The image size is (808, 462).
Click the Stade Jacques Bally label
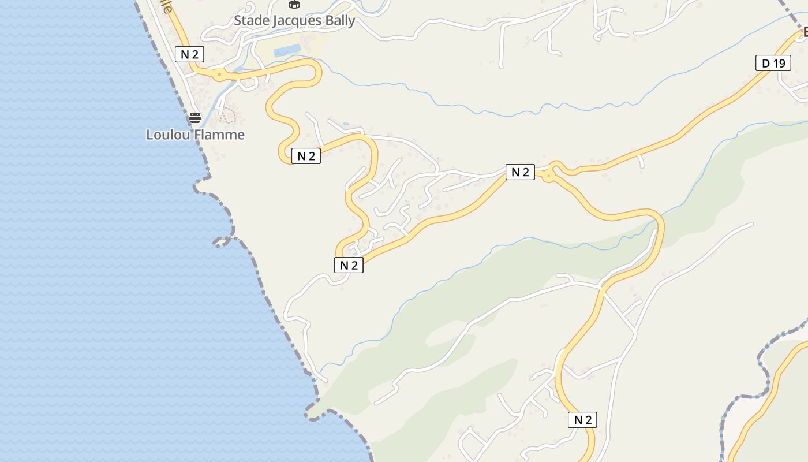[294, 21]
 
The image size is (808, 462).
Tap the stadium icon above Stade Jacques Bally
[294, 5]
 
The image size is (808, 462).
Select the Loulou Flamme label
[195, 135]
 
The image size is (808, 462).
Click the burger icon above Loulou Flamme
[195, 118]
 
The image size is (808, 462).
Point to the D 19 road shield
[773, 63]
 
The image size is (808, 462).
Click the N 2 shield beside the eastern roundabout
[520, 172]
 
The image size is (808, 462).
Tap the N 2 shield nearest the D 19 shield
[520, 172]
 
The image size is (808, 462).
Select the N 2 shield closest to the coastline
[190, 54]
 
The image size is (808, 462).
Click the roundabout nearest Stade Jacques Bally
[219, 74]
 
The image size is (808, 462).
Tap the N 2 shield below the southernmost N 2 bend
[582, 420]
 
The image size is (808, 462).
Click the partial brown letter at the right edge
[805, 31]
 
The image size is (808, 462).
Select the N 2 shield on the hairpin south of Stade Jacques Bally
[306, 156]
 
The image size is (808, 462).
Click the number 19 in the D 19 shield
[779, 63]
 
